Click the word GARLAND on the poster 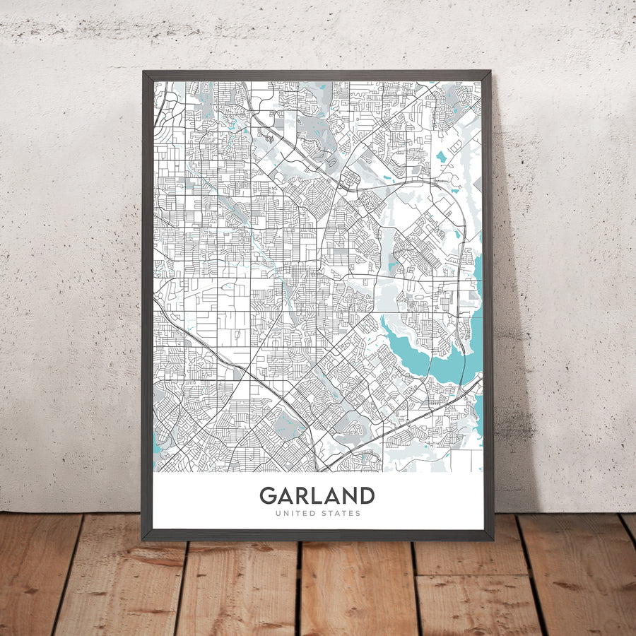click(317, 495)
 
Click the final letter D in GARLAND click(367, 495)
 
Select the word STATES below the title click(340, 514)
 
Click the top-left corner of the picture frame click(143, 71)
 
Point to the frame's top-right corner click(490, 71)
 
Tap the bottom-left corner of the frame click(143, 540)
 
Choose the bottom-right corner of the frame click(493, 540)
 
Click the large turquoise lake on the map click(424, 357)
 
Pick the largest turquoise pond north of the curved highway click(442, 155)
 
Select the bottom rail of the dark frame click(318, 535)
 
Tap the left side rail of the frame click(148, 304)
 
